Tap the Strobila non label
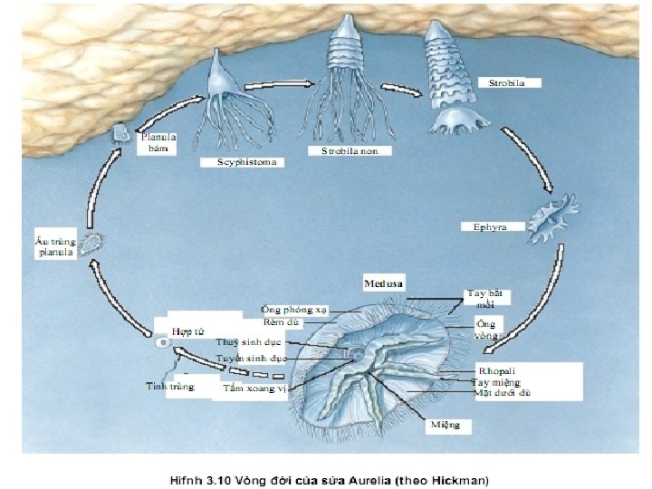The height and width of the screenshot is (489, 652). [x=350, y=151]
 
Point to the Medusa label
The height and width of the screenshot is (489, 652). [x=383, y=283]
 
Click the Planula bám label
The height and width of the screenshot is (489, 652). [x=157, y=143]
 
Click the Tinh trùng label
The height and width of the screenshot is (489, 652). [x=170, y=387]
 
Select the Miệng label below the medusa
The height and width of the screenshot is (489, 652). [x=446, y=424]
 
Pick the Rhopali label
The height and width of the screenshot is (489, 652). [x=497, y=370]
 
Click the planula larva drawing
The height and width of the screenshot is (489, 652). [x=92, y=243]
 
